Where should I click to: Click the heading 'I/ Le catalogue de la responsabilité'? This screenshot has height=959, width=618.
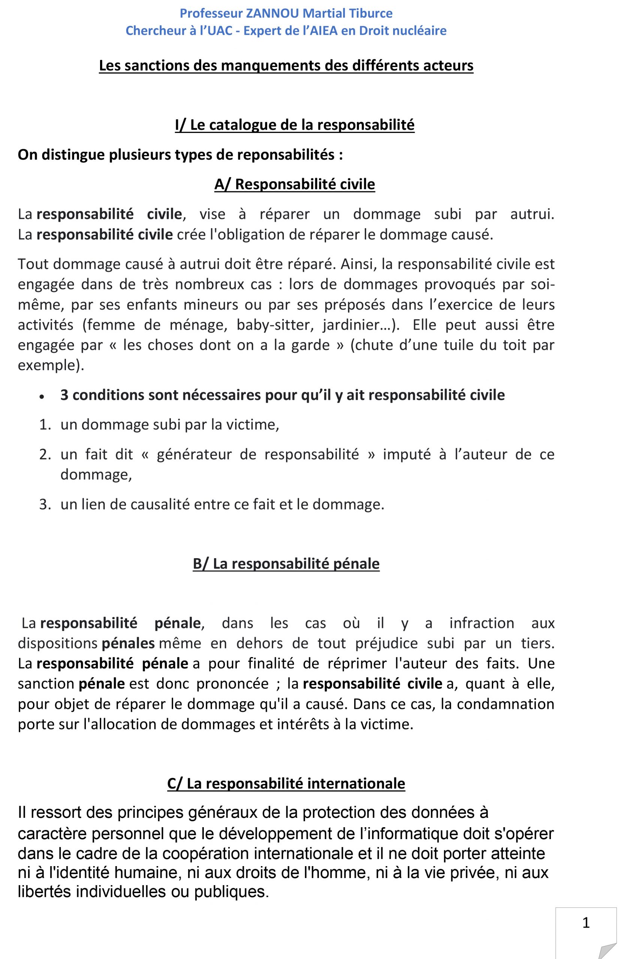point(295,125)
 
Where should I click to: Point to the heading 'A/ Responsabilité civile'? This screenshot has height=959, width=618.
point(295,184)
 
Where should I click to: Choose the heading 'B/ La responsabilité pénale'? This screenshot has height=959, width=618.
point(286,563)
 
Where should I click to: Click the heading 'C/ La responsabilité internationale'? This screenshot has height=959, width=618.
point(286,783)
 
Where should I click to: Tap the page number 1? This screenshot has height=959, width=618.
point(586,923)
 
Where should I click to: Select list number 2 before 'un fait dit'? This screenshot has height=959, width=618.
point(45,454)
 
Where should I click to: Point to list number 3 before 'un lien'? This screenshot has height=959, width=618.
point(45,504)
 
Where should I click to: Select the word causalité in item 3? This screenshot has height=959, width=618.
point(160,504)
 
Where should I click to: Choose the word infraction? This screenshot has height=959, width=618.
point(482,623)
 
